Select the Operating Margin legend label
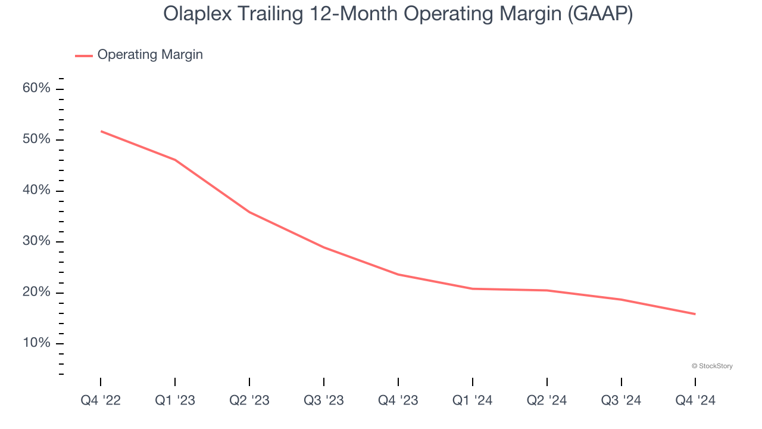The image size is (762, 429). (x=150, y=55)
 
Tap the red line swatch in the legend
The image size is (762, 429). (x=83, y=55)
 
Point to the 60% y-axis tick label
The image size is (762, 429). (x=36, y=89)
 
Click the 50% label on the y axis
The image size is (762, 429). (x=36, y=139)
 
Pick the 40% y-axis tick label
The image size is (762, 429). (x=36, y=191)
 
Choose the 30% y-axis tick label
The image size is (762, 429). (x=36, y=241)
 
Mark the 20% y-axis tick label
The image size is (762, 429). (x=36, y=293)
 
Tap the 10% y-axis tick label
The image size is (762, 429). (x=36, y=343)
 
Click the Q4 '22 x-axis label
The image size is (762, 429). (x=101, y=401)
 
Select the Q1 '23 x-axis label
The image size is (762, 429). (x=175, y=401)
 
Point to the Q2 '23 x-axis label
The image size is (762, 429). (x=249, y=401)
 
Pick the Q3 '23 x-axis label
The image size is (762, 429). (x=324, y=401)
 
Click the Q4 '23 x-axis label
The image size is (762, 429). (x=398, y=401)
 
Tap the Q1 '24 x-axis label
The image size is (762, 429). (x=473, y=401)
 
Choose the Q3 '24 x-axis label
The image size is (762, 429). (x=622, y=401)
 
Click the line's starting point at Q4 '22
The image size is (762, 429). (x=101, y=131)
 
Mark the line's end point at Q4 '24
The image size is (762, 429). (x=695, y=314)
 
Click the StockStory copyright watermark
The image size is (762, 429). (x=712, y=366)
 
